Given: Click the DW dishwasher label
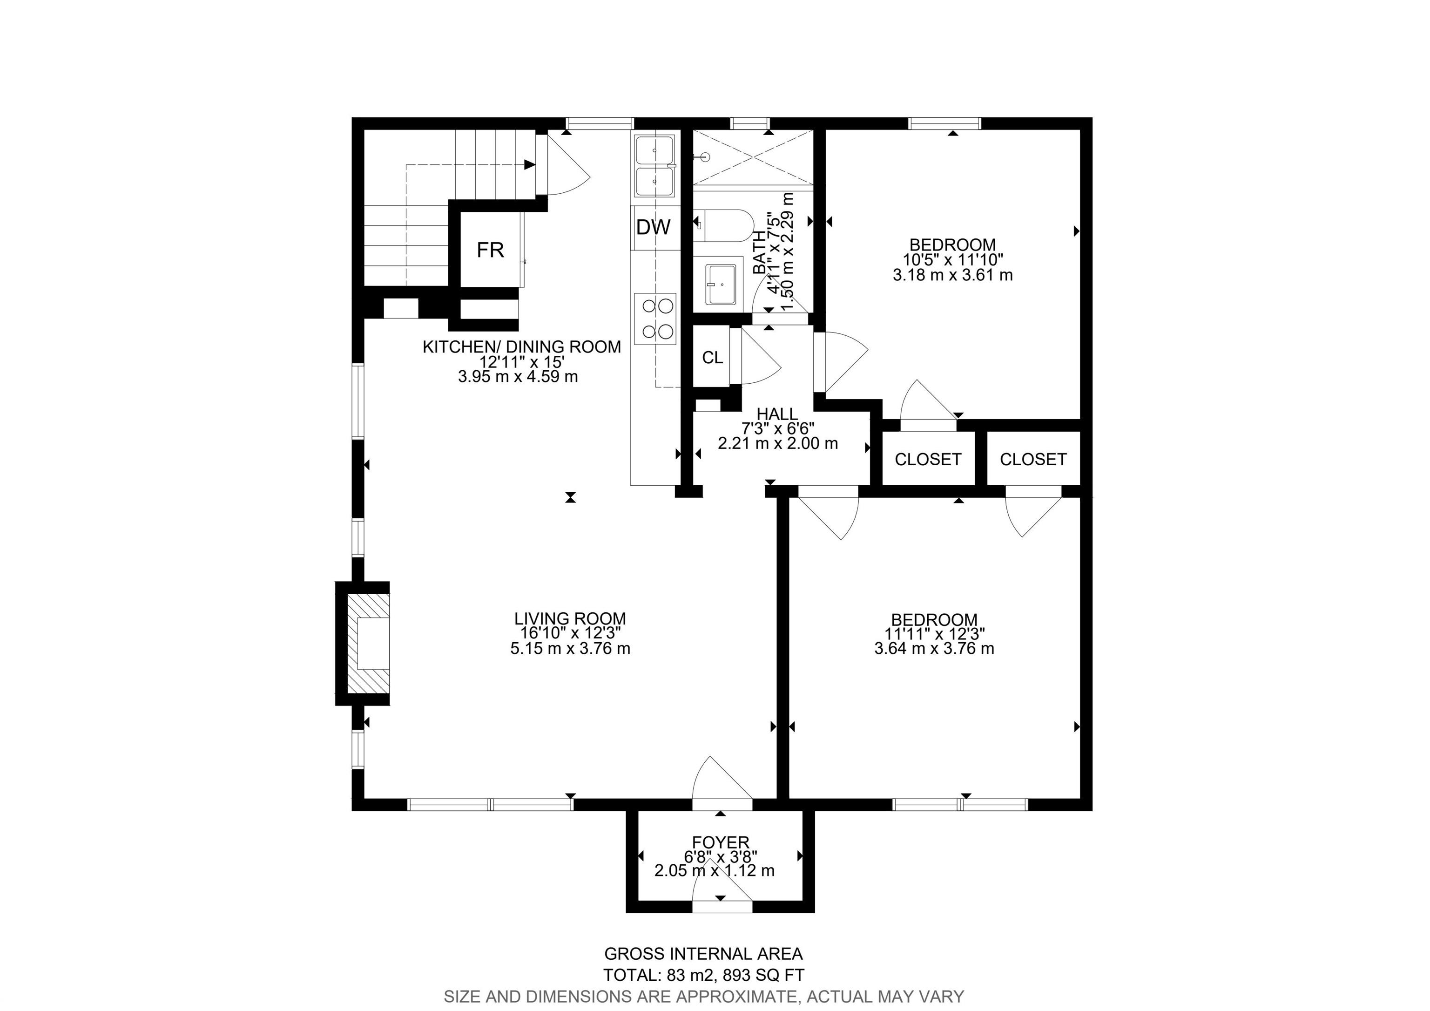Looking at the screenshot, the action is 654,227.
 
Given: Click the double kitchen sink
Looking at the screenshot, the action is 654,166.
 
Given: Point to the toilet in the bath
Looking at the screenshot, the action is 724,225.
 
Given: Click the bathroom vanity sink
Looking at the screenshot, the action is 721,284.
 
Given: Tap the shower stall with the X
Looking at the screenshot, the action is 754,157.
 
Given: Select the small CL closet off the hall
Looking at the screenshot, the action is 713,358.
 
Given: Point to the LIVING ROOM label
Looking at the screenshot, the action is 570,618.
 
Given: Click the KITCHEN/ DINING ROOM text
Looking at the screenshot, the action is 522,347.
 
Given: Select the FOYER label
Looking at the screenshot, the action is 721,843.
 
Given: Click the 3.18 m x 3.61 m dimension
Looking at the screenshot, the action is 953,275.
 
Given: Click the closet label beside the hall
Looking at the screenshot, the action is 928,459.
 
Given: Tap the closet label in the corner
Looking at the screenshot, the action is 1033,459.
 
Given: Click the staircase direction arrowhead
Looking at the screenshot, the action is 530,164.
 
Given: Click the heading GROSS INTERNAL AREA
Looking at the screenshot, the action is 704,971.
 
